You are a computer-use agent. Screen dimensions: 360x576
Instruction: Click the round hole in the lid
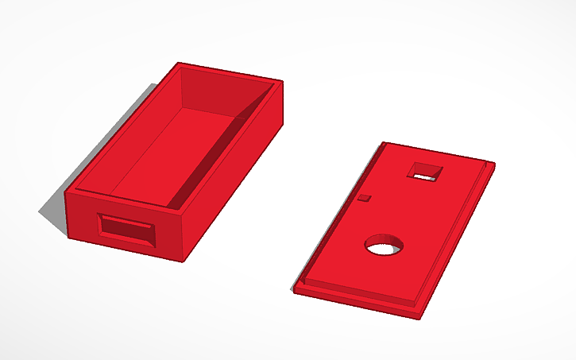tap(383, 246)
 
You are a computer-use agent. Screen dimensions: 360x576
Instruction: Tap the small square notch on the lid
tap(365, 197)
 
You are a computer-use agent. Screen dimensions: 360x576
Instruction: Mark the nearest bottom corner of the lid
tap(419, 317)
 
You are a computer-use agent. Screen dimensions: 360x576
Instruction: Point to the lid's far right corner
tap(493, 165)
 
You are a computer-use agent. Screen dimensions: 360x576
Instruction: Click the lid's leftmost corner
tap(296, 289)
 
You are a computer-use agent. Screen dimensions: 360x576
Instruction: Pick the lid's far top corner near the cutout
tap(385, 143)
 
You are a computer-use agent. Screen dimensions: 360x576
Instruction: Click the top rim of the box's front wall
tap(127, 203)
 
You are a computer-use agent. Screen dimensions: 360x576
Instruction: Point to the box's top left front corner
tap(69, 191)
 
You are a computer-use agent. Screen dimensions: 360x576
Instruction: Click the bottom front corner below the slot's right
tap(187, 261)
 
